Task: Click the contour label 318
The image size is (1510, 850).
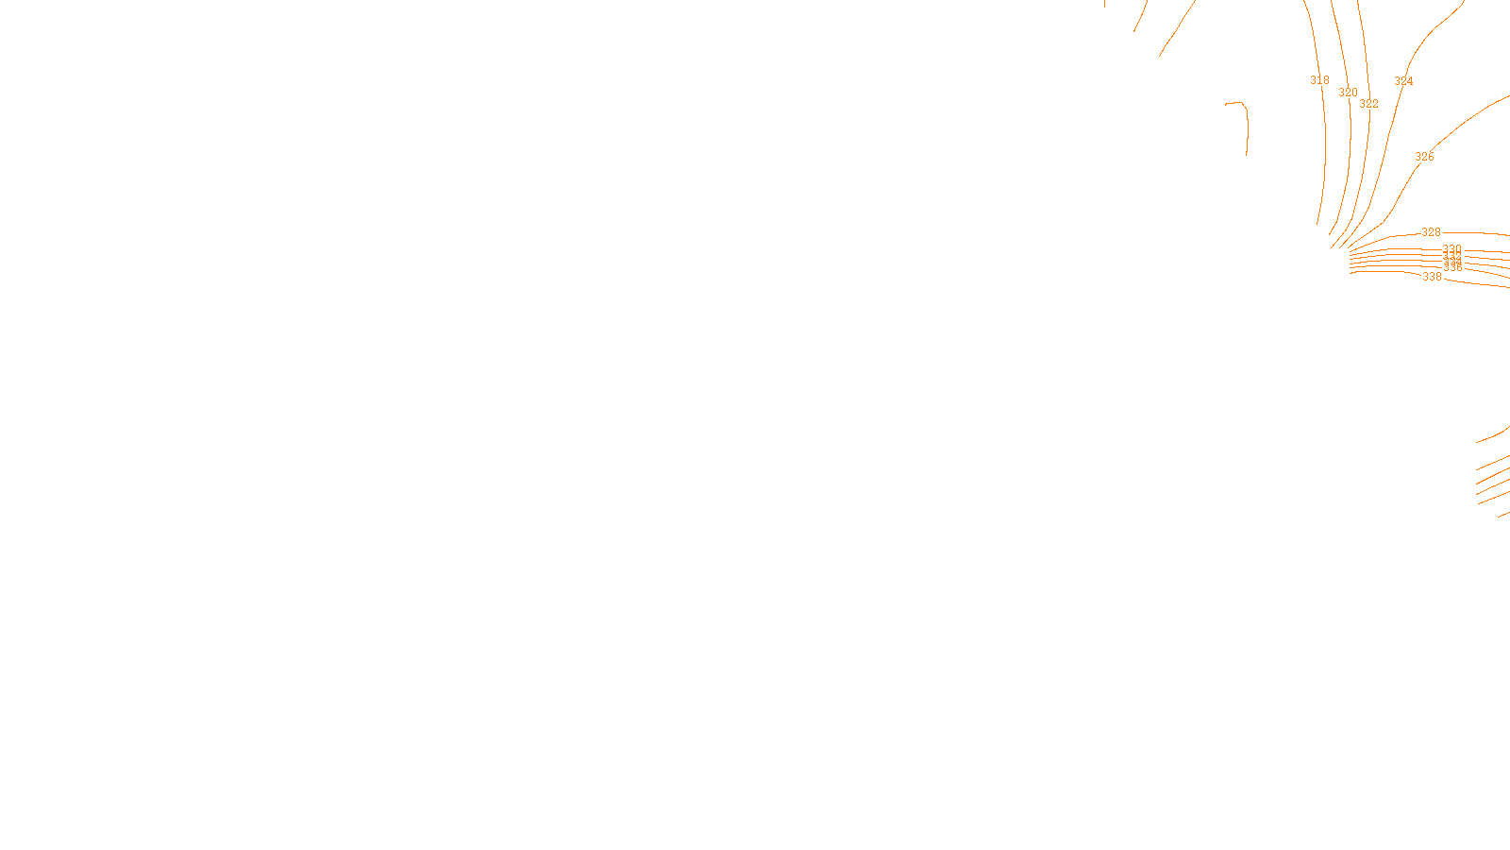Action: tap(1319, 80)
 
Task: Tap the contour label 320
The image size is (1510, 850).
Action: tap(1348, 93)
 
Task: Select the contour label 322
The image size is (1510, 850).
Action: tap(1368, 104)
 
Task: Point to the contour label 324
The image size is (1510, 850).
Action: tap(1403, 81)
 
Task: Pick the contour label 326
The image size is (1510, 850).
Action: tap(1424, 157)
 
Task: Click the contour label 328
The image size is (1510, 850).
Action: tap(1431, 232)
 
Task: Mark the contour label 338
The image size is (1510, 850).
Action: tap(1432, 277)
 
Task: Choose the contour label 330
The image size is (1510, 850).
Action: tap(1451, 249)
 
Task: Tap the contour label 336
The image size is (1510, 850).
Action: tap(1453, 268)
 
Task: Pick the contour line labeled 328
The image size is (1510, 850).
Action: tap(1482, 232)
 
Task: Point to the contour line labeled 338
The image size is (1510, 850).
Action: tap(1482, 281)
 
